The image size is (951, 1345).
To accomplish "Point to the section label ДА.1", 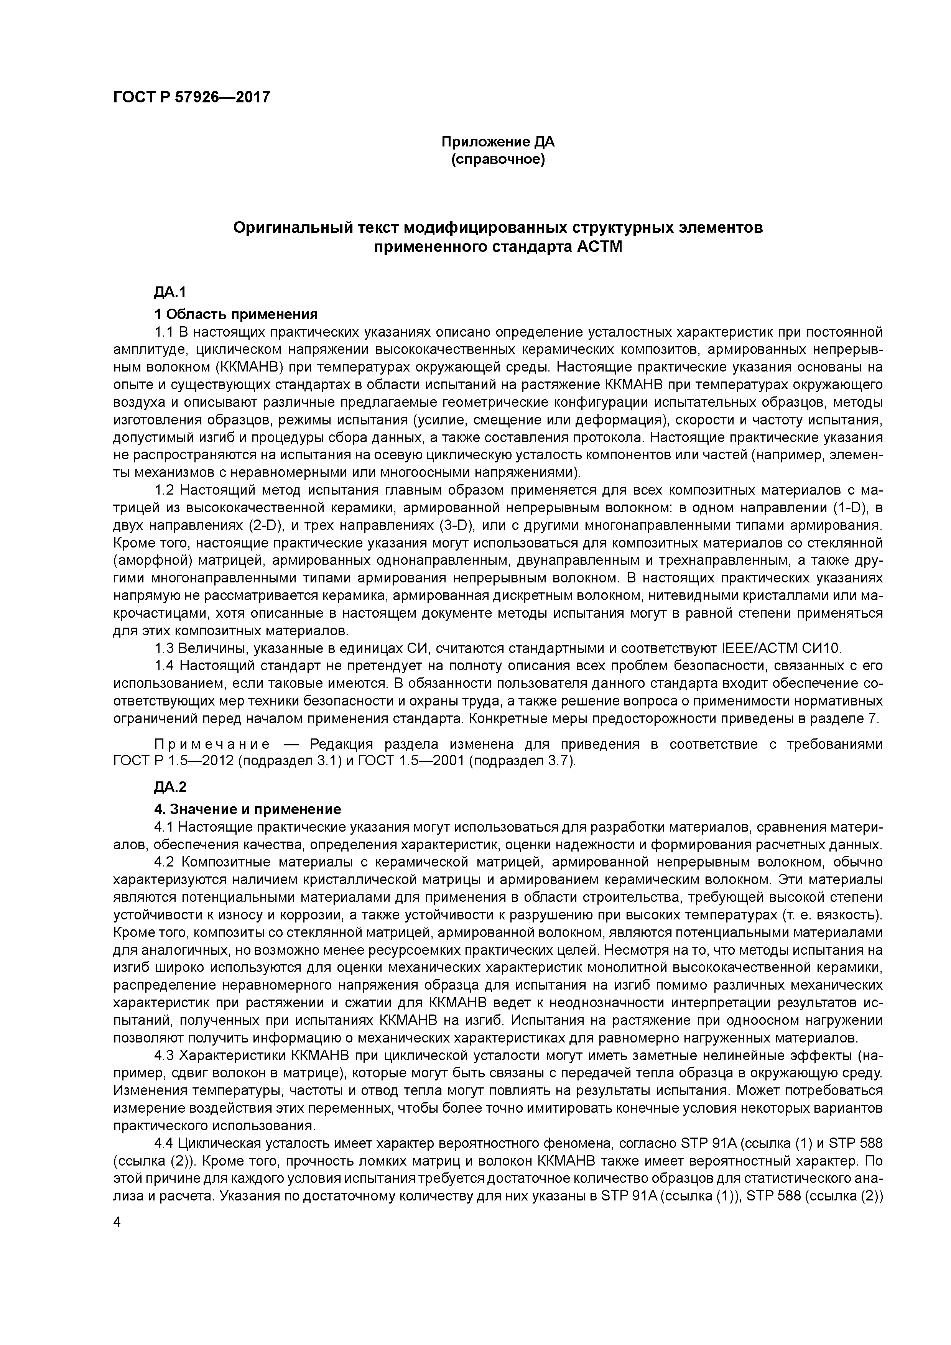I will (170, 292).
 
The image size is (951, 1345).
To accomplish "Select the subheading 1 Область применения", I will (235, 314).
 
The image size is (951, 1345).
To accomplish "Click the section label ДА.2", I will (170, 787).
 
